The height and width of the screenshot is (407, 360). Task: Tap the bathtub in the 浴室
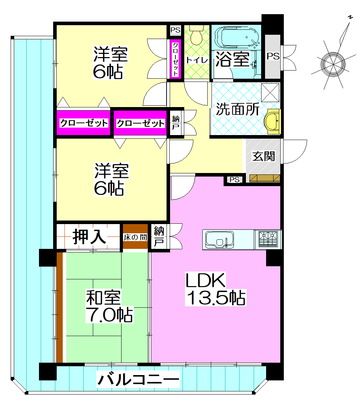coord(236,38)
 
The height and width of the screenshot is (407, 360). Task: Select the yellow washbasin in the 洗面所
coord(272,122)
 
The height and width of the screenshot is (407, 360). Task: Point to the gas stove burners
coord(268,239)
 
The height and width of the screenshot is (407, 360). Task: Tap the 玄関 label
coord(264,156)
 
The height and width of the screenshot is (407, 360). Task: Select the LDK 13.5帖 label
coord(216,289)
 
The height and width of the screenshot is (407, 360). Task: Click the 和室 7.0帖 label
coord(109,306)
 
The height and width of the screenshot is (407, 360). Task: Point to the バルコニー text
coord(138,379)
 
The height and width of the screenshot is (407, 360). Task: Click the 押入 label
coord(89,236)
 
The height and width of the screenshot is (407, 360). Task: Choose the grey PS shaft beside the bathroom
coord(273,56)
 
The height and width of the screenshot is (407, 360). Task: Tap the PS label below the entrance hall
coord(235,180)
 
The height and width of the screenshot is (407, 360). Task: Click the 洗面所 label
coord(238,109)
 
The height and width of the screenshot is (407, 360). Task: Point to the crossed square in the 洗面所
coord(270,93)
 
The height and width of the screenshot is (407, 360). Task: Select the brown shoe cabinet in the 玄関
coord(265,178)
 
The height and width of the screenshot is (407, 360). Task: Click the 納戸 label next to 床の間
coord(159,236)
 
